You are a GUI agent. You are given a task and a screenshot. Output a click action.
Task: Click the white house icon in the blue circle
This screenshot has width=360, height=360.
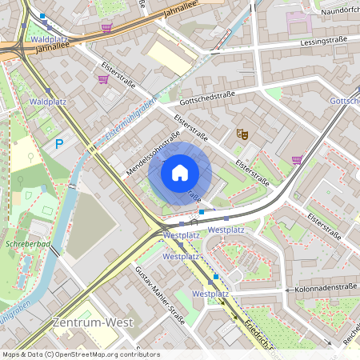(180, 173)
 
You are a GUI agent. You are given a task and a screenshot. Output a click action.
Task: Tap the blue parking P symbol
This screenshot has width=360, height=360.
(58, 144)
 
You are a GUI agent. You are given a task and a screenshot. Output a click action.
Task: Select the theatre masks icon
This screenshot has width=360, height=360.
(241, 134)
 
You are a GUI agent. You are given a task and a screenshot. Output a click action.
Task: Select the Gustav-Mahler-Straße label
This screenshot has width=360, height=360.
(160, 296)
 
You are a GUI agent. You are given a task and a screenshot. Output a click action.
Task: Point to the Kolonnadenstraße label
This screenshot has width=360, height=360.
(323, 289)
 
